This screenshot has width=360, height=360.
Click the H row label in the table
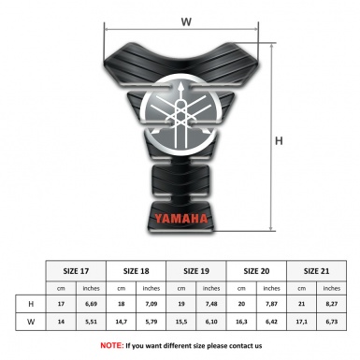33,304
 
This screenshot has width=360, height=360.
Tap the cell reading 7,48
214,304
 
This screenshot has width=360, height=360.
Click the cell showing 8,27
333,304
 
